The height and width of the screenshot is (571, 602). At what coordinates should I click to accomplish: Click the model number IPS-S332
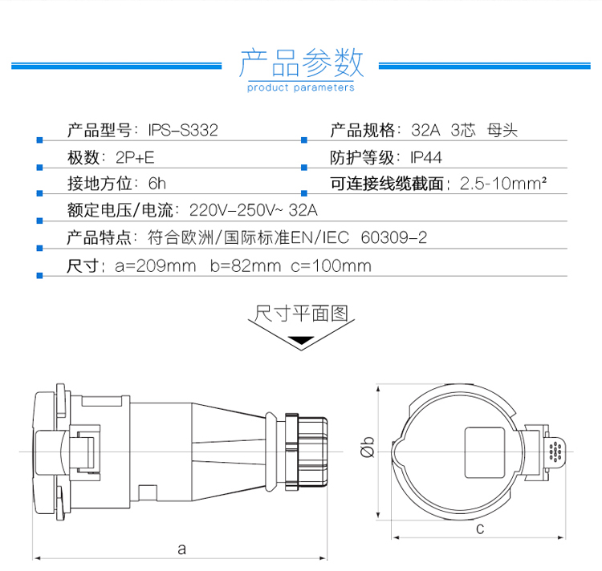pos(183,131)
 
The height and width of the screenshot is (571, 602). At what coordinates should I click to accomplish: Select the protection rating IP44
pos(426,158)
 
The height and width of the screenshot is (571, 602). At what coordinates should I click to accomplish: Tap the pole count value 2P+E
pos(135,158)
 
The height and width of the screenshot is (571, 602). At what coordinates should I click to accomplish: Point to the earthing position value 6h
pos(157,184)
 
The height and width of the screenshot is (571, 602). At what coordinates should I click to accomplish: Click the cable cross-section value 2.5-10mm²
pos(503,184)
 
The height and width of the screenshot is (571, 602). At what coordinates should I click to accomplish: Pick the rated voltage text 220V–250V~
pos(236,210)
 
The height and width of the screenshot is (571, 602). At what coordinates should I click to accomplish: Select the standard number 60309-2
pos(394,237)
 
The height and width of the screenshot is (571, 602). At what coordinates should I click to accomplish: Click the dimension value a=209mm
pos(155,265)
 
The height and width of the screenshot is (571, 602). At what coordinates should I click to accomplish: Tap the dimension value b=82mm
pos(246,265)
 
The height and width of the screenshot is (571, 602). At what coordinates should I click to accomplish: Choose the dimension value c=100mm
pos(331,265)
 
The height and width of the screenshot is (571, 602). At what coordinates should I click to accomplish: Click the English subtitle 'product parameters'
pos(301,88)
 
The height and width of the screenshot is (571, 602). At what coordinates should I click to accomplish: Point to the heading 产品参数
pos(301,63)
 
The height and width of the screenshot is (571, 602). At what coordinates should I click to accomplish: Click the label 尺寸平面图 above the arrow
pos(301,314)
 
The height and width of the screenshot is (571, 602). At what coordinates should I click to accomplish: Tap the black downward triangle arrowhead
pos(301,340)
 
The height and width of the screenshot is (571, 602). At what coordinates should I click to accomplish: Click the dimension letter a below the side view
pos(181,549)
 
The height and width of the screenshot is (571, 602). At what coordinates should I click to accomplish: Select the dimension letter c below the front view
pos(480,528)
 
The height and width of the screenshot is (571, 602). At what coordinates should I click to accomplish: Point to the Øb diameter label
pos(368,447)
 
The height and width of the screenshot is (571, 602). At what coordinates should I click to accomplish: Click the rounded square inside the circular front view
pos(485,453)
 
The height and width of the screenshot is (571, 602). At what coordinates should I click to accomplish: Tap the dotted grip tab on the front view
pos(555,452)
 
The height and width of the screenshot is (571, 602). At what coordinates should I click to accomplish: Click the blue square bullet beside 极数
pos(39,167)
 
